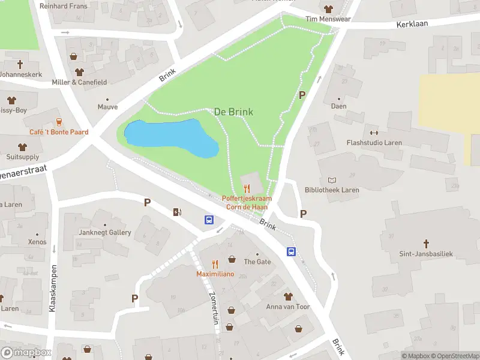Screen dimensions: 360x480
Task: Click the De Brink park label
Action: [233, 112]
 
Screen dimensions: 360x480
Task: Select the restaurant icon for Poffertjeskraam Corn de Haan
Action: [247, 188]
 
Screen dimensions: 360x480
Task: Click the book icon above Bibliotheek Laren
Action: [332, 180]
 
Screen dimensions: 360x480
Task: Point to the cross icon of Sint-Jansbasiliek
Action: [427, 244]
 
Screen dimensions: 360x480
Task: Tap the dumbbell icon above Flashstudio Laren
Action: [374, 133]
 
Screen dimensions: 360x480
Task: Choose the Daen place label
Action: [339, 106]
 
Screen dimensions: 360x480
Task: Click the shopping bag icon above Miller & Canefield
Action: [74, 57]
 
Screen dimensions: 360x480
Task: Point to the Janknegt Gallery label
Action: [105, 232]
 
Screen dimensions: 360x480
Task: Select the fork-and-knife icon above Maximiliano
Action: [215, 263]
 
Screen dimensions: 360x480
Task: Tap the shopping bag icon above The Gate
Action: [232, 260]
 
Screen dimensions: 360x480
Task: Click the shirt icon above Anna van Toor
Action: [288, 296]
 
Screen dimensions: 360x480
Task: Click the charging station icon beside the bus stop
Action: [176, 211]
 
